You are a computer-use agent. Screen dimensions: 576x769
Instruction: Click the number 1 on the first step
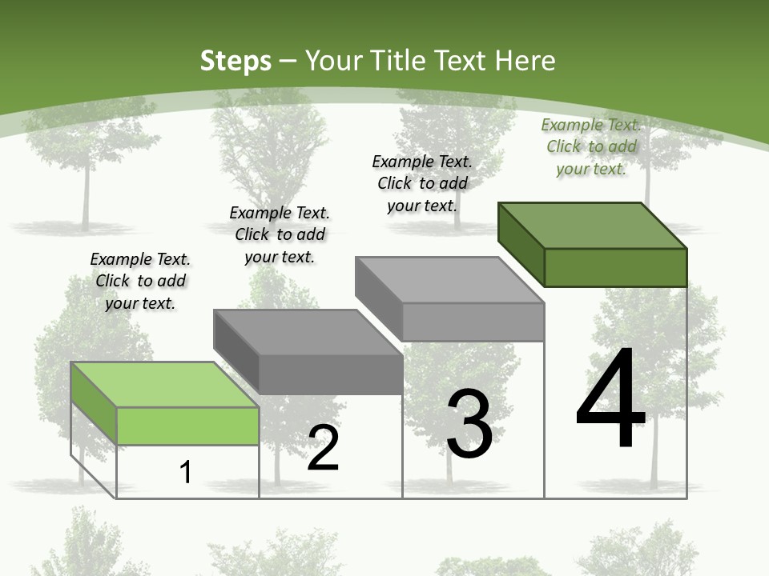click(x=186, y=472)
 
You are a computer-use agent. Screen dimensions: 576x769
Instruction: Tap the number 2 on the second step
click(x=323, y=448)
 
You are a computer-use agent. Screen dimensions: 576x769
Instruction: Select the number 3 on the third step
click(x=469, y=424)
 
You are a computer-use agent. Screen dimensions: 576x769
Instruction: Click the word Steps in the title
click(x=236, y=61)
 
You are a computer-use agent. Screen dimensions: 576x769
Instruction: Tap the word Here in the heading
click(x=527, y=61)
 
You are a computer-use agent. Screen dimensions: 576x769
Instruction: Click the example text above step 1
click(x=140, y=281)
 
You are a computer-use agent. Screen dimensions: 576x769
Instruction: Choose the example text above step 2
click(x=280, y=234)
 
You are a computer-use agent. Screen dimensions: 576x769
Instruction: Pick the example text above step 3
click(x=422, y=183)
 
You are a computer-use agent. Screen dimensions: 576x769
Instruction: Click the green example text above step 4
click(x=591, y=146)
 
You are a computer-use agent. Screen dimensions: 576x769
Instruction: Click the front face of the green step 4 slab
click(x=615, y=267)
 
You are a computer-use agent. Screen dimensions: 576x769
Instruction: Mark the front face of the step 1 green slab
click(x=187, y=426)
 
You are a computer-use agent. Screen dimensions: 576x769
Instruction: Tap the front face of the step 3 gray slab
click(x=473, y=322)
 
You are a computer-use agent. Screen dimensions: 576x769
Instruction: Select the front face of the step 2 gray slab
click(x=330, y=374)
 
